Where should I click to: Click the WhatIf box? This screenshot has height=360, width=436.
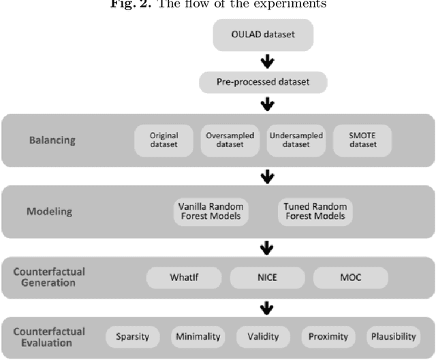[x=184, y=278]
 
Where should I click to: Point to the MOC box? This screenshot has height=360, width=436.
[x=350, y=278]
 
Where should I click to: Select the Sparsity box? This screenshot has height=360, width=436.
[x=132, y=336]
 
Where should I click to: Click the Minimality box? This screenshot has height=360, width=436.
[x=197, y=336]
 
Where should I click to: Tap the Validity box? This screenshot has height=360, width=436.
[x=262, y=336]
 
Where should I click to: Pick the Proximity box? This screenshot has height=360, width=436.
[x=328, y=336]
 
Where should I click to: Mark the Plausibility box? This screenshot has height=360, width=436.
[x=394, y=336]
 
